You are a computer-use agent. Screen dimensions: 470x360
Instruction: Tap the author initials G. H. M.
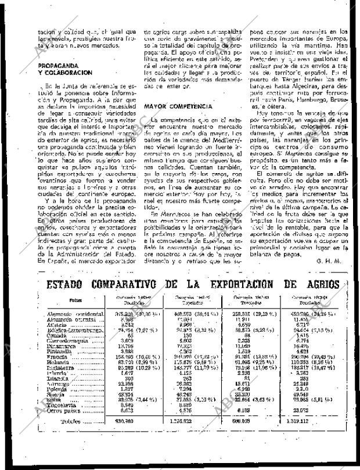pos(328,261)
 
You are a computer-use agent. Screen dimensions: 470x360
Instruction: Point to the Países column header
pos(75,301)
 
